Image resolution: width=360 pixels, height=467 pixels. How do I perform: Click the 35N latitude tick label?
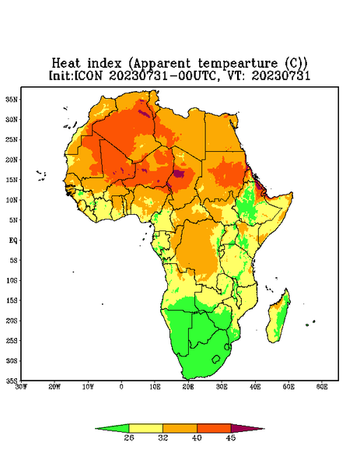(12, 100)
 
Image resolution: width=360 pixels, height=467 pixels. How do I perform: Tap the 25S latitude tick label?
(12, 341)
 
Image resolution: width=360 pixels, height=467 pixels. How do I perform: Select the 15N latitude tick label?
(12, 180)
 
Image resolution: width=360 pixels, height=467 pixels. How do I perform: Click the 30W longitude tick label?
(21, 387)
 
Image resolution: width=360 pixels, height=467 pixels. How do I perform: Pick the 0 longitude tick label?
(121, 387)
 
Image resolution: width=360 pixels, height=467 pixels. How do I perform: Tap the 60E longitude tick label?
(322, 387)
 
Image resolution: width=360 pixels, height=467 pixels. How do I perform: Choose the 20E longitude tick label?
(188, 387)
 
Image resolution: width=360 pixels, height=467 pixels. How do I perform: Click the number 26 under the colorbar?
(129, 437)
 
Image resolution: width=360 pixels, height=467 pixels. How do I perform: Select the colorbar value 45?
(231, 437)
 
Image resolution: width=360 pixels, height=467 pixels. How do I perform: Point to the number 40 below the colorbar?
(197, 437)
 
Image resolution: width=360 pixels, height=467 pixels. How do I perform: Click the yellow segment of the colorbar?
(145, 428)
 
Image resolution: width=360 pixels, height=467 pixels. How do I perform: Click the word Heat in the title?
(66, 64)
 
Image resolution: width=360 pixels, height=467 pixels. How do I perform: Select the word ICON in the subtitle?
(88, 75)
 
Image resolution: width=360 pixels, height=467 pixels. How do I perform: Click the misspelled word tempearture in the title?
(237, 64)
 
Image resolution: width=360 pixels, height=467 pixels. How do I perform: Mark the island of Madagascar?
(278, 318)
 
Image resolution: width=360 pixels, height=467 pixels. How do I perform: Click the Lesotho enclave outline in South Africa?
(216, 359)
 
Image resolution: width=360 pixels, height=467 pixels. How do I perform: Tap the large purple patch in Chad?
(179, 174)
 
